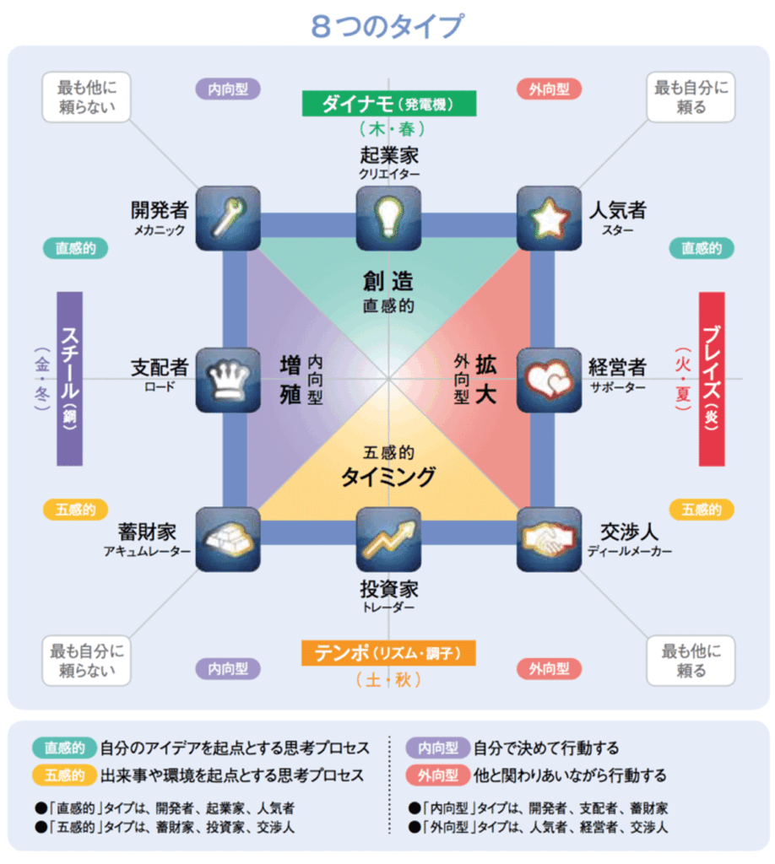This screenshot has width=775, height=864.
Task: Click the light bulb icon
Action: (x=388, y=219)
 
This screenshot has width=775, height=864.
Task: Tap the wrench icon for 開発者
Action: (x=228, y=219)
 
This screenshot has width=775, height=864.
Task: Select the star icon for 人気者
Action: (x=549, y=219)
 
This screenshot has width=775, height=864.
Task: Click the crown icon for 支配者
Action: (x=228, y=380)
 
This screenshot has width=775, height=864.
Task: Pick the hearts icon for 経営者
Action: (x=549, y=380)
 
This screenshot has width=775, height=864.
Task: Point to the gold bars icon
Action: (x=228, y=539)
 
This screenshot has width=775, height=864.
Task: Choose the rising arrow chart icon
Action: (x=388, y=539)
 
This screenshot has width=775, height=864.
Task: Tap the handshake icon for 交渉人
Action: (x=549, y=539)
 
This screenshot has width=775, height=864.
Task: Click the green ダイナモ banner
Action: (x=389, y=104)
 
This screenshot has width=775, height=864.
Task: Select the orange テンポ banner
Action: (x=388, y=653)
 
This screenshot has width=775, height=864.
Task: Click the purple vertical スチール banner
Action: (x=70, y=379)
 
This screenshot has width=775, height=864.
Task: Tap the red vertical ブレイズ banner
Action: (x=712, y=379)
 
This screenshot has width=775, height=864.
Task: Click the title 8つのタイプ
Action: (x=387, y=26)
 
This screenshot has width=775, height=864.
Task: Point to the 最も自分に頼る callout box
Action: (x=691, y=97)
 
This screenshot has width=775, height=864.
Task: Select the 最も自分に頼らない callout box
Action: (x=87, y=661)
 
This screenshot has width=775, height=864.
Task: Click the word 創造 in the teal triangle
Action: (x=388, y=281)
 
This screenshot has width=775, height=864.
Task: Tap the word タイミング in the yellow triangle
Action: (x=388, y=477)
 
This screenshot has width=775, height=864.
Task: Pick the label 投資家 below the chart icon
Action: (x=389, y=589)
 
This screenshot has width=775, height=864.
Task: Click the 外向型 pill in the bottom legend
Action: (x=438, y=775)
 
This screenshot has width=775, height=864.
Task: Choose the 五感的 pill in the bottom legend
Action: (x=64, y=775)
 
